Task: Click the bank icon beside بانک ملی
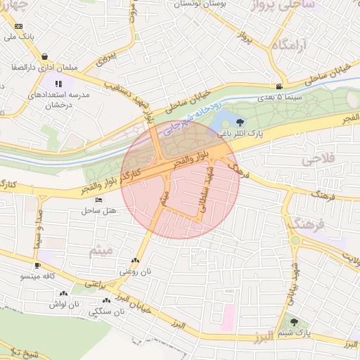coord(18,25)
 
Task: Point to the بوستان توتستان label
coord(198,4)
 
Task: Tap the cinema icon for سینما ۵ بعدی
coord(280,86)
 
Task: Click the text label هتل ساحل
coord(97,210)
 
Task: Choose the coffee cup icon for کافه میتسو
coord(37,266)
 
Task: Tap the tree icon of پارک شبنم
coord(304,322)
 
